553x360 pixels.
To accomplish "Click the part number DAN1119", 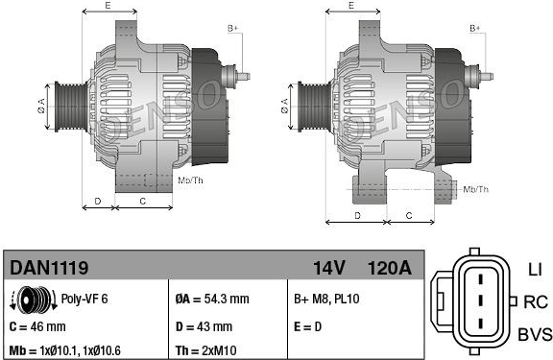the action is (49, 268).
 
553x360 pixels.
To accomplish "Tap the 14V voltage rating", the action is (328, 268).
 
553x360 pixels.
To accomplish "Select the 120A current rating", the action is (390, 268).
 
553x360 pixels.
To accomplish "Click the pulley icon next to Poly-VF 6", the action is (34, 300).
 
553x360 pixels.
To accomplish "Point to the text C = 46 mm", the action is (37, 326).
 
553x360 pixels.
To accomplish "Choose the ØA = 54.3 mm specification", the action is (212, 299).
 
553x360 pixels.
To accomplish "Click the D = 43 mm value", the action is (204, 326).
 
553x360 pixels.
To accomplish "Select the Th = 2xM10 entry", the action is (206, 350).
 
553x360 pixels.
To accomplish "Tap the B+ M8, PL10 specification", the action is (326, 299).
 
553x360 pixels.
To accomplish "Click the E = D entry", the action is (307, 326).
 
